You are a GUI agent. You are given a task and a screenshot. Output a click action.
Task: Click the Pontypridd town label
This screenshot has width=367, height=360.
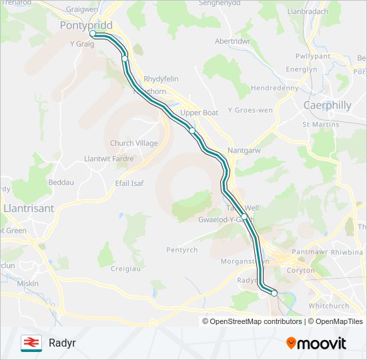85,25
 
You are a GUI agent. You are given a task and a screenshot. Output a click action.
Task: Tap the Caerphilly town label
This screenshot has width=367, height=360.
327,105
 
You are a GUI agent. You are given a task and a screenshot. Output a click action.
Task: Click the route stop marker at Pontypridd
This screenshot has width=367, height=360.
93,34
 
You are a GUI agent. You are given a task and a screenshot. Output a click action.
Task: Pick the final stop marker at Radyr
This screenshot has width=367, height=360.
274,293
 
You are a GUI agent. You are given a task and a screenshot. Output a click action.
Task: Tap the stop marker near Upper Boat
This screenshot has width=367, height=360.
192,131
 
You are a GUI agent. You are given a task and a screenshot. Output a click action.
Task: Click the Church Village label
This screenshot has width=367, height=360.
133,143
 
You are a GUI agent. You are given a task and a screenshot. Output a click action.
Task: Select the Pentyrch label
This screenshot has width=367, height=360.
181,250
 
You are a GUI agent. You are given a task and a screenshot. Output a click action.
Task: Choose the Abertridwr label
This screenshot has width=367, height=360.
232,41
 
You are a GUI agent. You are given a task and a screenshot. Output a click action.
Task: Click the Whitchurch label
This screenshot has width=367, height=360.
328,306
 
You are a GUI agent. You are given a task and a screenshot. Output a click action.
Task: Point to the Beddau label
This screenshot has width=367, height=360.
61,181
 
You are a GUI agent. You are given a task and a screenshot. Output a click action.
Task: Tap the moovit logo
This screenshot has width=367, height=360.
316,343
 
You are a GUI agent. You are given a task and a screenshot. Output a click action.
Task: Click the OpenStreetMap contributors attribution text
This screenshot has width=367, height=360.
256,321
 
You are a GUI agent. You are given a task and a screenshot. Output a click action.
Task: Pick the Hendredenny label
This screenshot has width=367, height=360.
274,88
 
